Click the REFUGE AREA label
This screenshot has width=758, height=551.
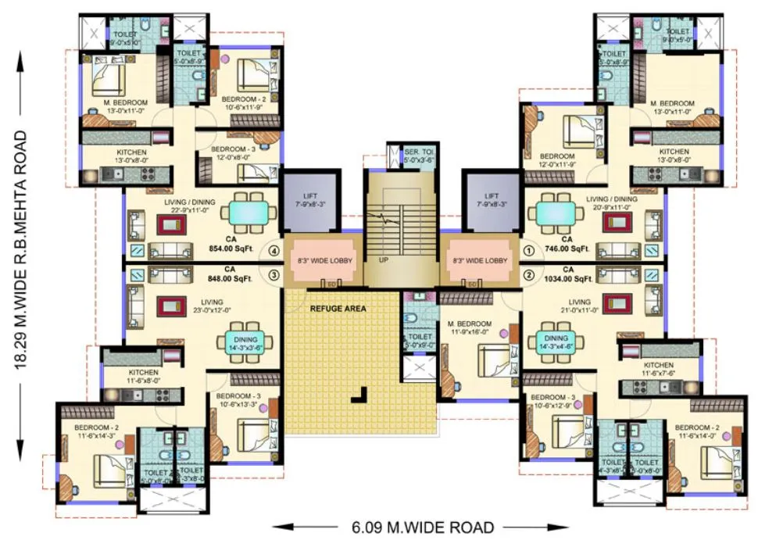[x=338, y=308]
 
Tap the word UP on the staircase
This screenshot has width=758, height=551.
[x=384, y=259]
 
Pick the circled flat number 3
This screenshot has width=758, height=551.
[x=274, y=274]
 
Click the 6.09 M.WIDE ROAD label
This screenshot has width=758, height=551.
[x=417, y=528]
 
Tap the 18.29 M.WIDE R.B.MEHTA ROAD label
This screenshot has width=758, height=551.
[x=23, y=249]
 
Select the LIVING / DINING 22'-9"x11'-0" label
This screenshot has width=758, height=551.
[x=191, y=207]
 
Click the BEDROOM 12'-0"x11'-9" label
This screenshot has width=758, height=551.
[x=556, y=161]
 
